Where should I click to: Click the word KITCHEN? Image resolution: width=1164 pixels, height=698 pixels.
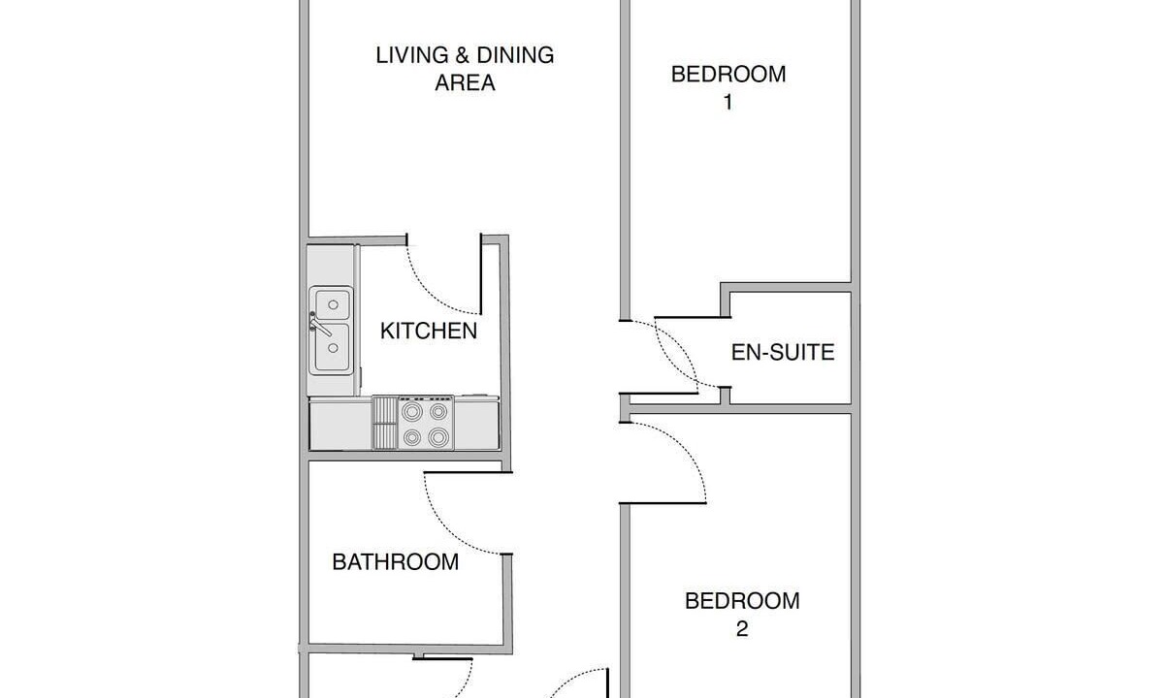429,331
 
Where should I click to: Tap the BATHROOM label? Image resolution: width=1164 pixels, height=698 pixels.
396,562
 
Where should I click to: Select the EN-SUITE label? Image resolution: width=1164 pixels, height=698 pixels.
783,352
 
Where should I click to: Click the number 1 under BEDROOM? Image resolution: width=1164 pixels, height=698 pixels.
728,103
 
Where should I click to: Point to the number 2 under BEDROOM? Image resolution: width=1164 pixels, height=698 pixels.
742,628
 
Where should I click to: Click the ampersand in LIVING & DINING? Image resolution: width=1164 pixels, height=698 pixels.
463,55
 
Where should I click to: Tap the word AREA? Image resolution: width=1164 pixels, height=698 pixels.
465,82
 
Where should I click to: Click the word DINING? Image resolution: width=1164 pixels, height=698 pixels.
515,55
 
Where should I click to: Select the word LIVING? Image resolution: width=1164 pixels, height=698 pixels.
412,55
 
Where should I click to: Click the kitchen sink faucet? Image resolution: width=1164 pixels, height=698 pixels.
319,324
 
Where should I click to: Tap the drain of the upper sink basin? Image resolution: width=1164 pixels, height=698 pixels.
333,304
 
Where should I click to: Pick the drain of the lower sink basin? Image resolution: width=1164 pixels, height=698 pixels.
333,347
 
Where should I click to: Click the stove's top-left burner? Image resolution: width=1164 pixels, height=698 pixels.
412,412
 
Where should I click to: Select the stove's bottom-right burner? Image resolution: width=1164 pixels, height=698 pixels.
438,437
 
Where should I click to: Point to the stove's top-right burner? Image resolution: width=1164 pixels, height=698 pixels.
438,412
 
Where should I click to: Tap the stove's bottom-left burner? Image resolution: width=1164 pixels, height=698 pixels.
412,437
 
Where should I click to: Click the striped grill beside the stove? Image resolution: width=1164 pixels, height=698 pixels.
385,423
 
